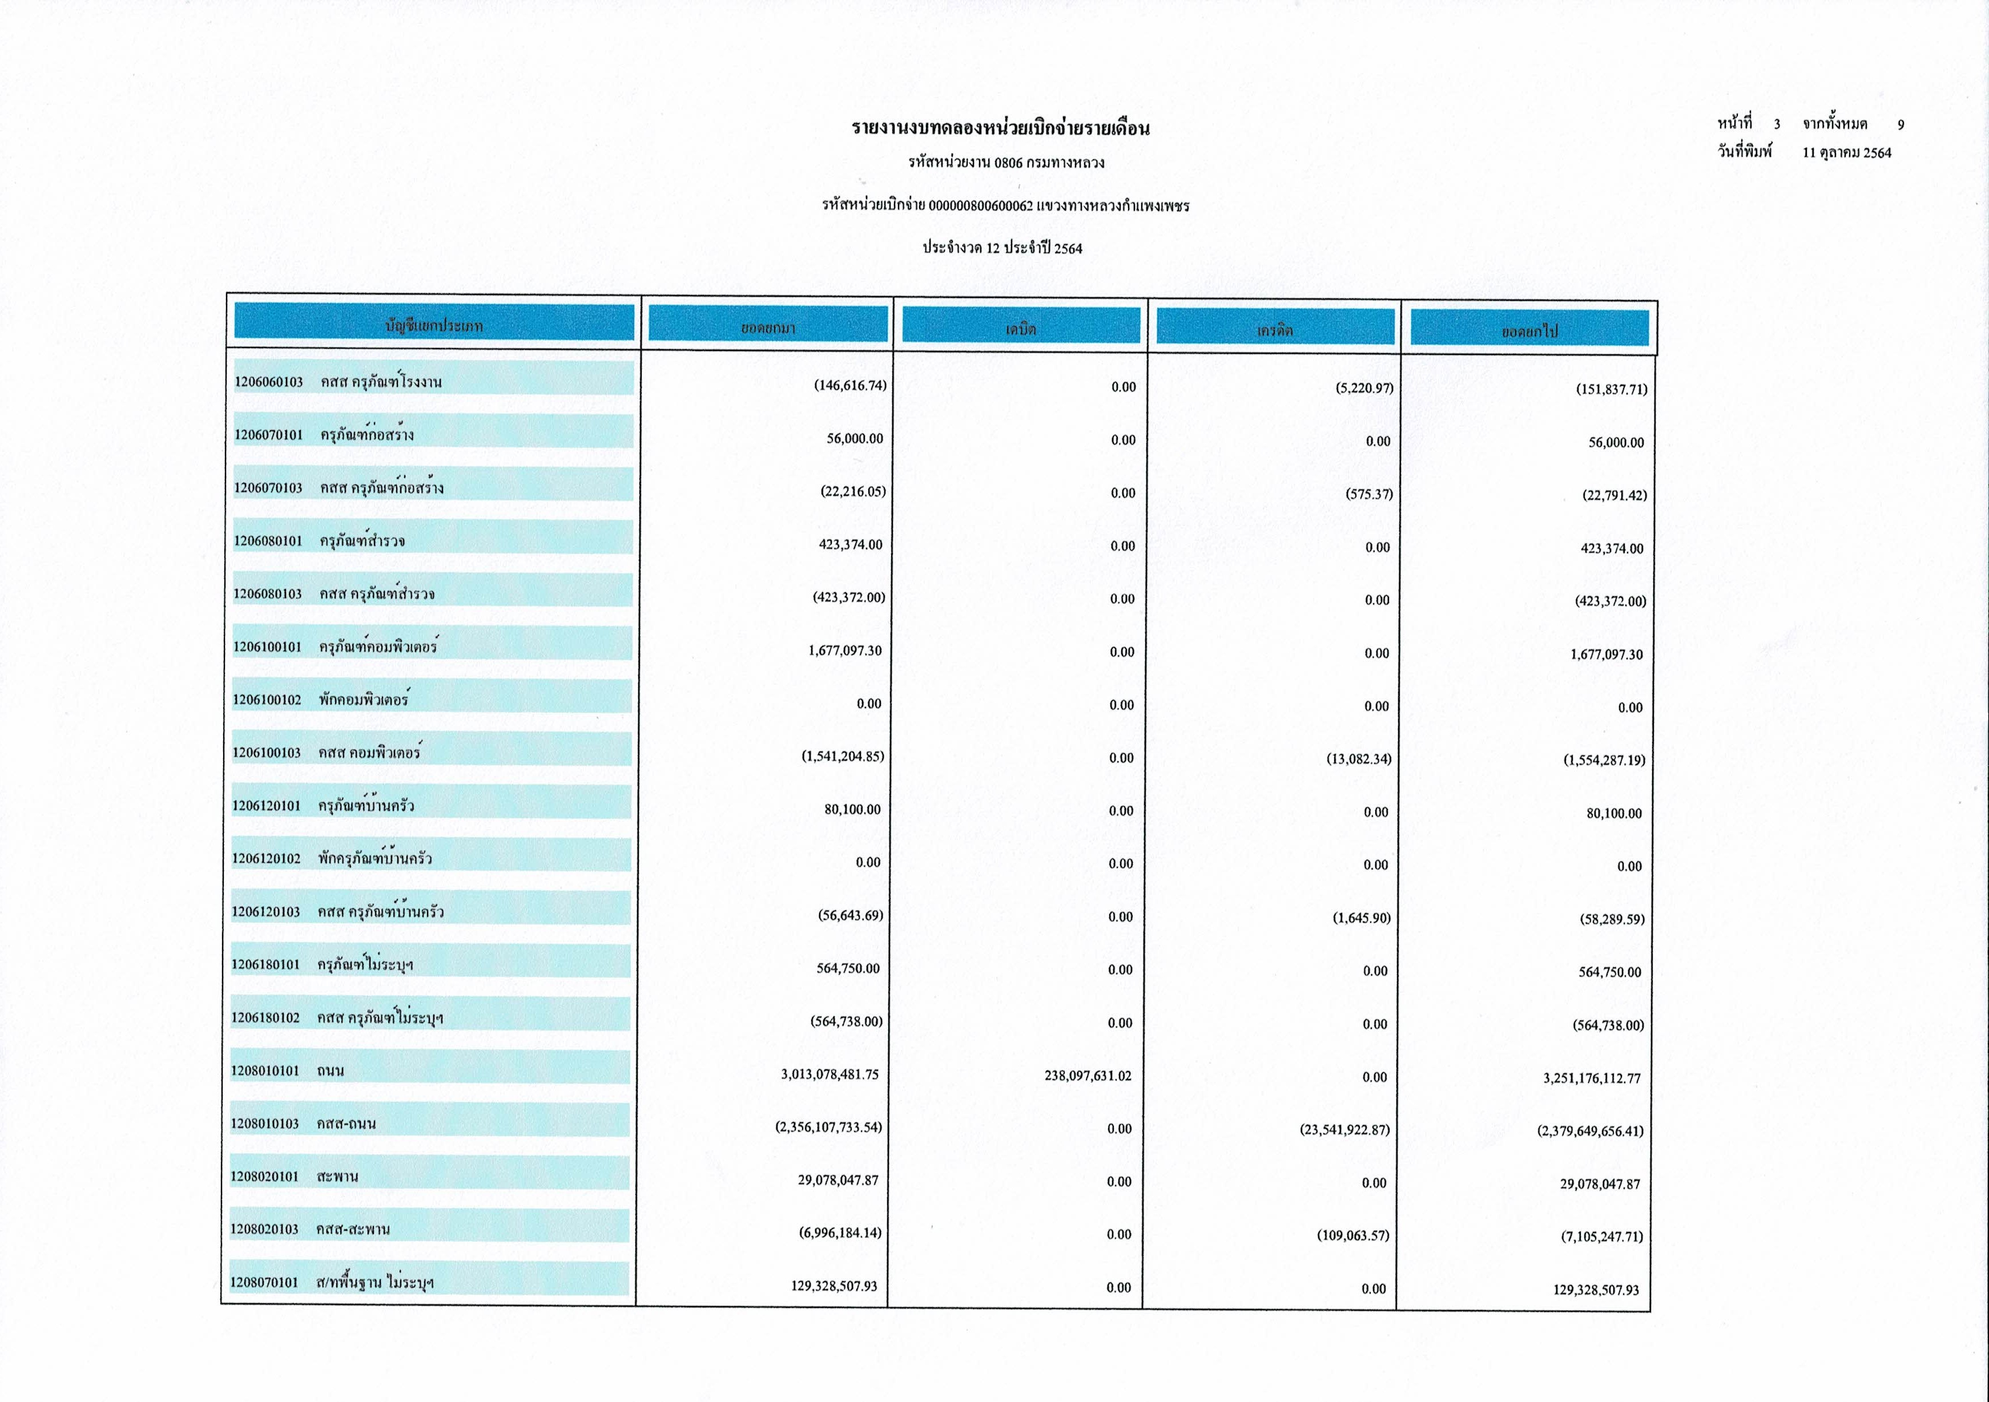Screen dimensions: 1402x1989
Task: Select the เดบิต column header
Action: (1021, 328)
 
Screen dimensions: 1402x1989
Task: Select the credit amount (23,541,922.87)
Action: (1346, 1129)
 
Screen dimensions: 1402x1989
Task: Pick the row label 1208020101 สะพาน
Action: (295, 1176)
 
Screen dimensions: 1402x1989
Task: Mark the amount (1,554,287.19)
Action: (1604, 760)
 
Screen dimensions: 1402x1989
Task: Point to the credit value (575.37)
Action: (1369, 494)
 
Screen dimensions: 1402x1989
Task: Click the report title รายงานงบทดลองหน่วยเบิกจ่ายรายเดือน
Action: (1001, 129)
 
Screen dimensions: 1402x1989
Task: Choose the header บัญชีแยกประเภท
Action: (434, 326)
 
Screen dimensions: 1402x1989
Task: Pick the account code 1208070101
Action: (264, 1282)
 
